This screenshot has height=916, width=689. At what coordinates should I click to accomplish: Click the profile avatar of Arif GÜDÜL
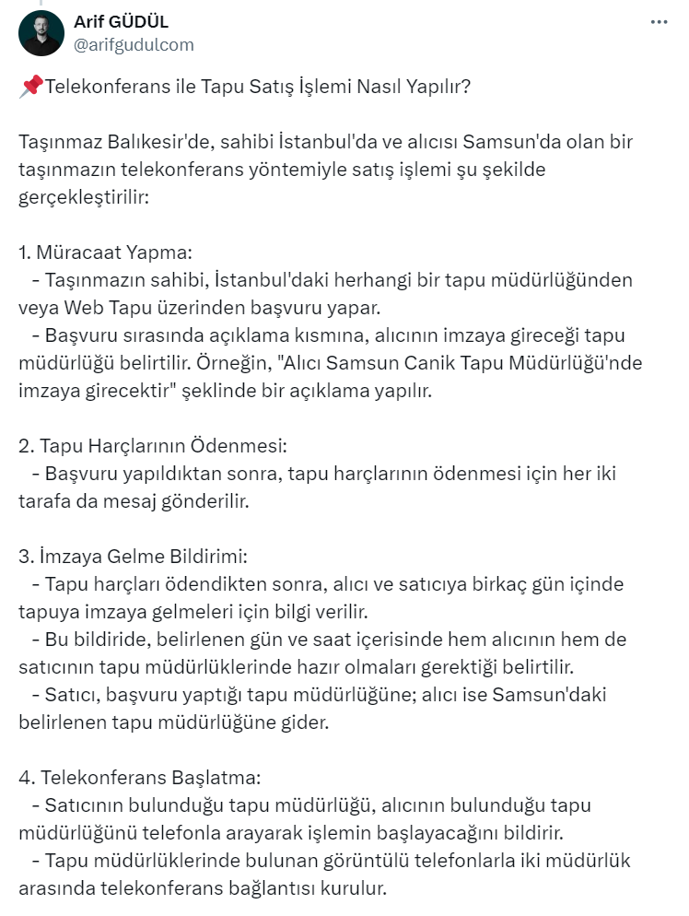(41, 33)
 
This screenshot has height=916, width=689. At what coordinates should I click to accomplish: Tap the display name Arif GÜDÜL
(121, 22)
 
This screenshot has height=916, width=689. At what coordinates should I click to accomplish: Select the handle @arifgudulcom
(134, 44)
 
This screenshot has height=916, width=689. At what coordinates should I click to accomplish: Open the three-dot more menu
(659, 22)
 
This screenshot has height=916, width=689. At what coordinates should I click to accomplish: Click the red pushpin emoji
(30, 87)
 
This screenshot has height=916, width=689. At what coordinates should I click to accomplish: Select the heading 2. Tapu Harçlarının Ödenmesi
(153, 446)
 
